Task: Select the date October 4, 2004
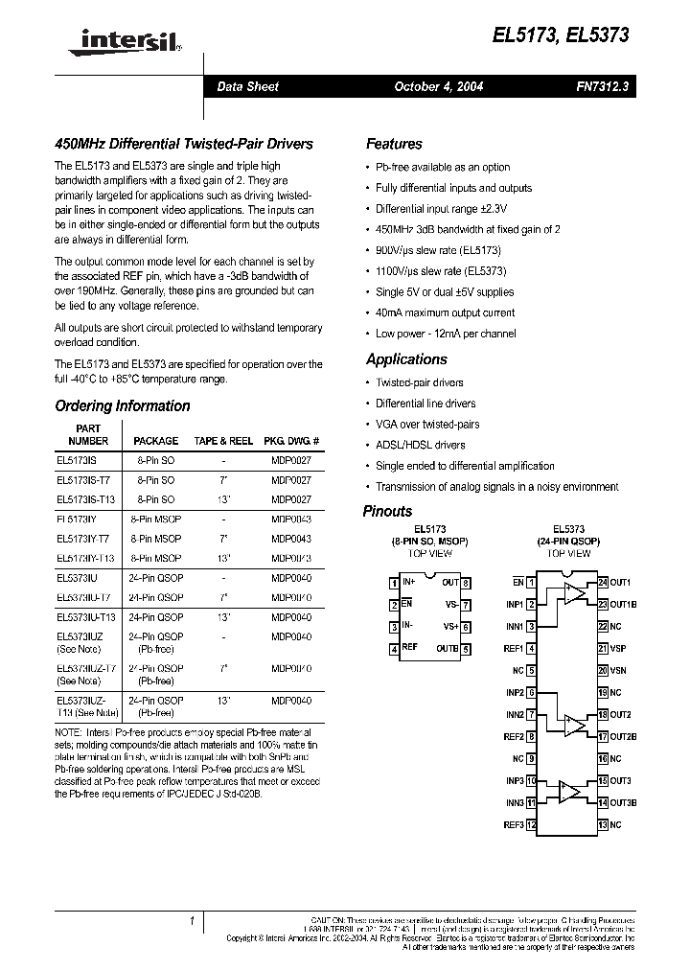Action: point(438,86)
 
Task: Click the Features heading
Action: point(394,144)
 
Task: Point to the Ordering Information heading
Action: point(123,405)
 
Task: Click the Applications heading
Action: point(406,359)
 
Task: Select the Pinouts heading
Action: point(387,511)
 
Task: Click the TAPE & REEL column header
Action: point(222,441)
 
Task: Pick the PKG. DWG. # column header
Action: point(291,441)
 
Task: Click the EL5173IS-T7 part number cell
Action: point(82,479)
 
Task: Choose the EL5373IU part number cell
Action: point(77,577)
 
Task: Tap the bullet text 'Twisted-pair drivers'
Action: point(420,382)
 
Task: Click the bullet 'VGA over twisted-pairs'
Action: point(427,424)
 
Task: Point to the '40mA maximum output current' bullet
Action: point(445,312)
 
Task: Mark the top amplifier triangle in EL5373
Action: point(573,595)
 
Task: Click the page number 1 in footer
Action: point(192,921)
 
